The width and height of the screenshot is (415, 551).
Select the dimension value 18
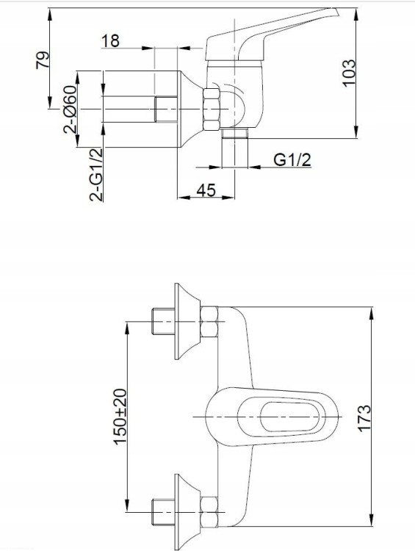pos(110,41)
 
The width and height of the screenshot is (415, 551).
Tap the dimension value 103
pos(349,73)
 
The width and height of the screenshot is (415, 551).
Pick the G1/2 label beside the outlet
pos(292,159)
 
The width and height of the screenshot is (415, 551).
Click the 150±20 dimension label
pos(120,415)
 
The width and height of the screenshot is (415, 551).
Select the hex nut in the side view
pos(212,106)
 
